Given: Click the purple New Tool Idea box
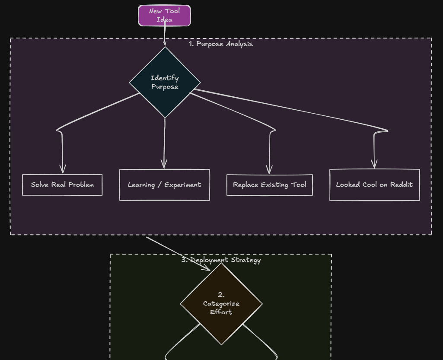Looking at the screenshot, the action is pyautogui.click(x=164, y=15).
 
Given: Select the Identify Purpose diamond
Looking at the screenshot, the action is pyautogui.click(x=165, y=82).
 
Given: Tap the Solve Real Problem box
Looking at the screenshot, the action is pyautogui.click(x=62, y=185).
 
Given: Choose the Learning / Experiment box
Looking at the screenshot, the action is pyautogui.click(x=164, y=185).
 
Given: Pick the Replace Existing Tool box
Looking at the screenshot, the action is pyautogui.click(x=270, y=185).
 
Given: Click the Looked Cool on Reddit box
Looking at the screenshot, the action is pyautogui.click(x=375, y=185).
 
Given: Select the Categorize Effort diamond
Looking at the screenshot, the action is pyautogui.click(x=221, y=304).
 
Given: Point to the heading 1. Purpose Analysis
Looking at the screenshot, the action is pyautogui.click(x=221, y=44).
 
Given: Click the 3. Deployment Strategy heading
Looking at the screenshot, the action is pyautogui.click(x=221, y=260).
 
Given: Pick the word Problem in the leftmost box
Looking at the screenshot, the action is pyautogui.click(x=81, y=185).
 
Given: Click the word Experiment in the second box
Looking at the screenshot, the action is pyautogui.click(x=182, y=185).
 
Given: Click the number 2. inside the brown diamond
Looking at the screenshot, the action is pyautogui.click(x=221, y=295).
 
